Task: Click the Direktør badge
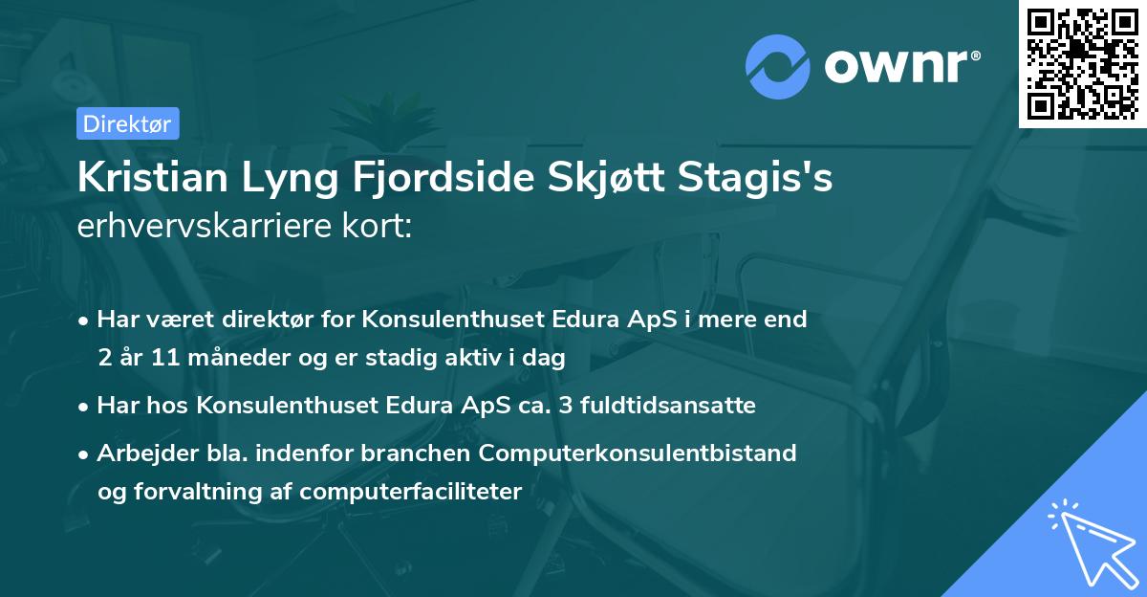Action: point(127,123)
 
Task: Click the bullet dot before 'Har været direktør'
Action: point(85,320)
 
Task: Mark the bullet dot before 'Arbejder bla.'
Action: point(85,453)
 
